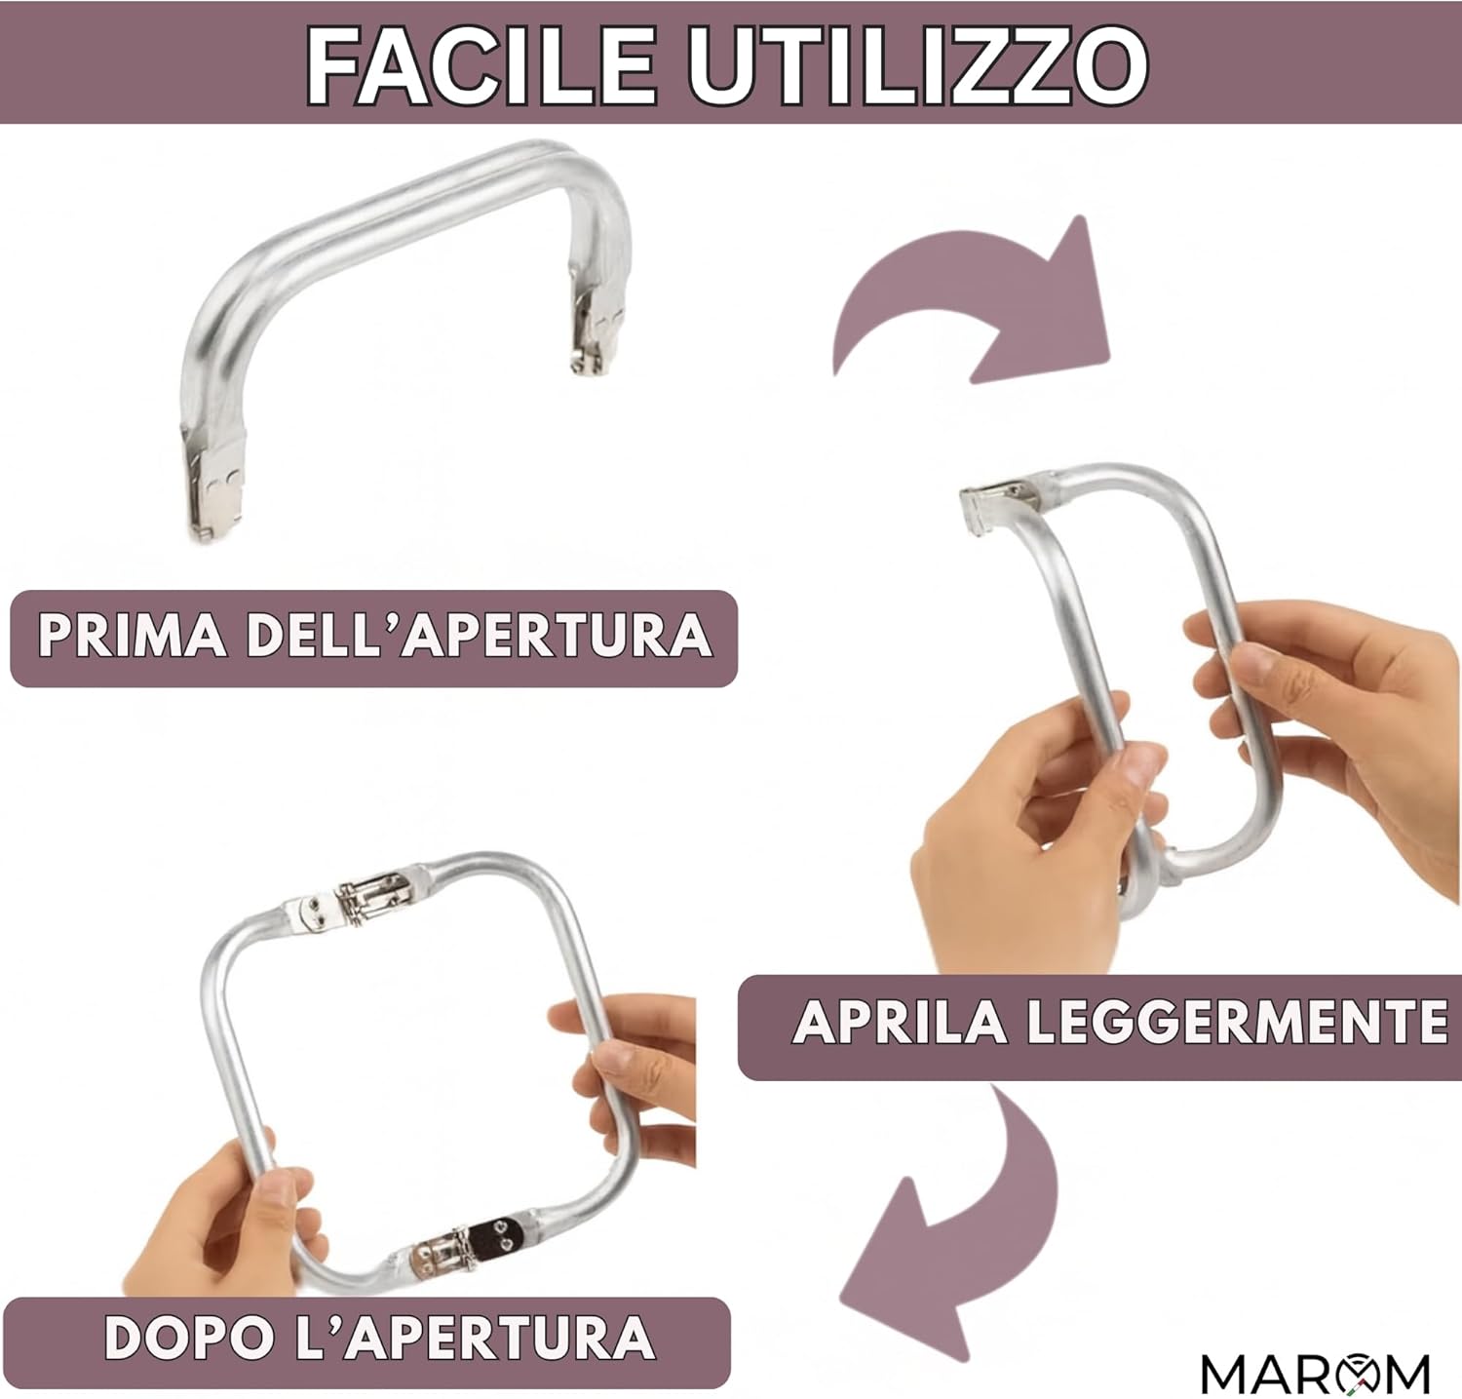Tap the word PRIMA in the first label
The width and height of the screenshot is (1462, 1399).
click(132, 636)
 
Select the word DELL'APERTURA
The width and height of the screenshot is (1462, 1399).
click(478, 636)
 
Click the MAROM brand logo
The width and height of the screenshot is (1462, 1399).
click(1316, 1373)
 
